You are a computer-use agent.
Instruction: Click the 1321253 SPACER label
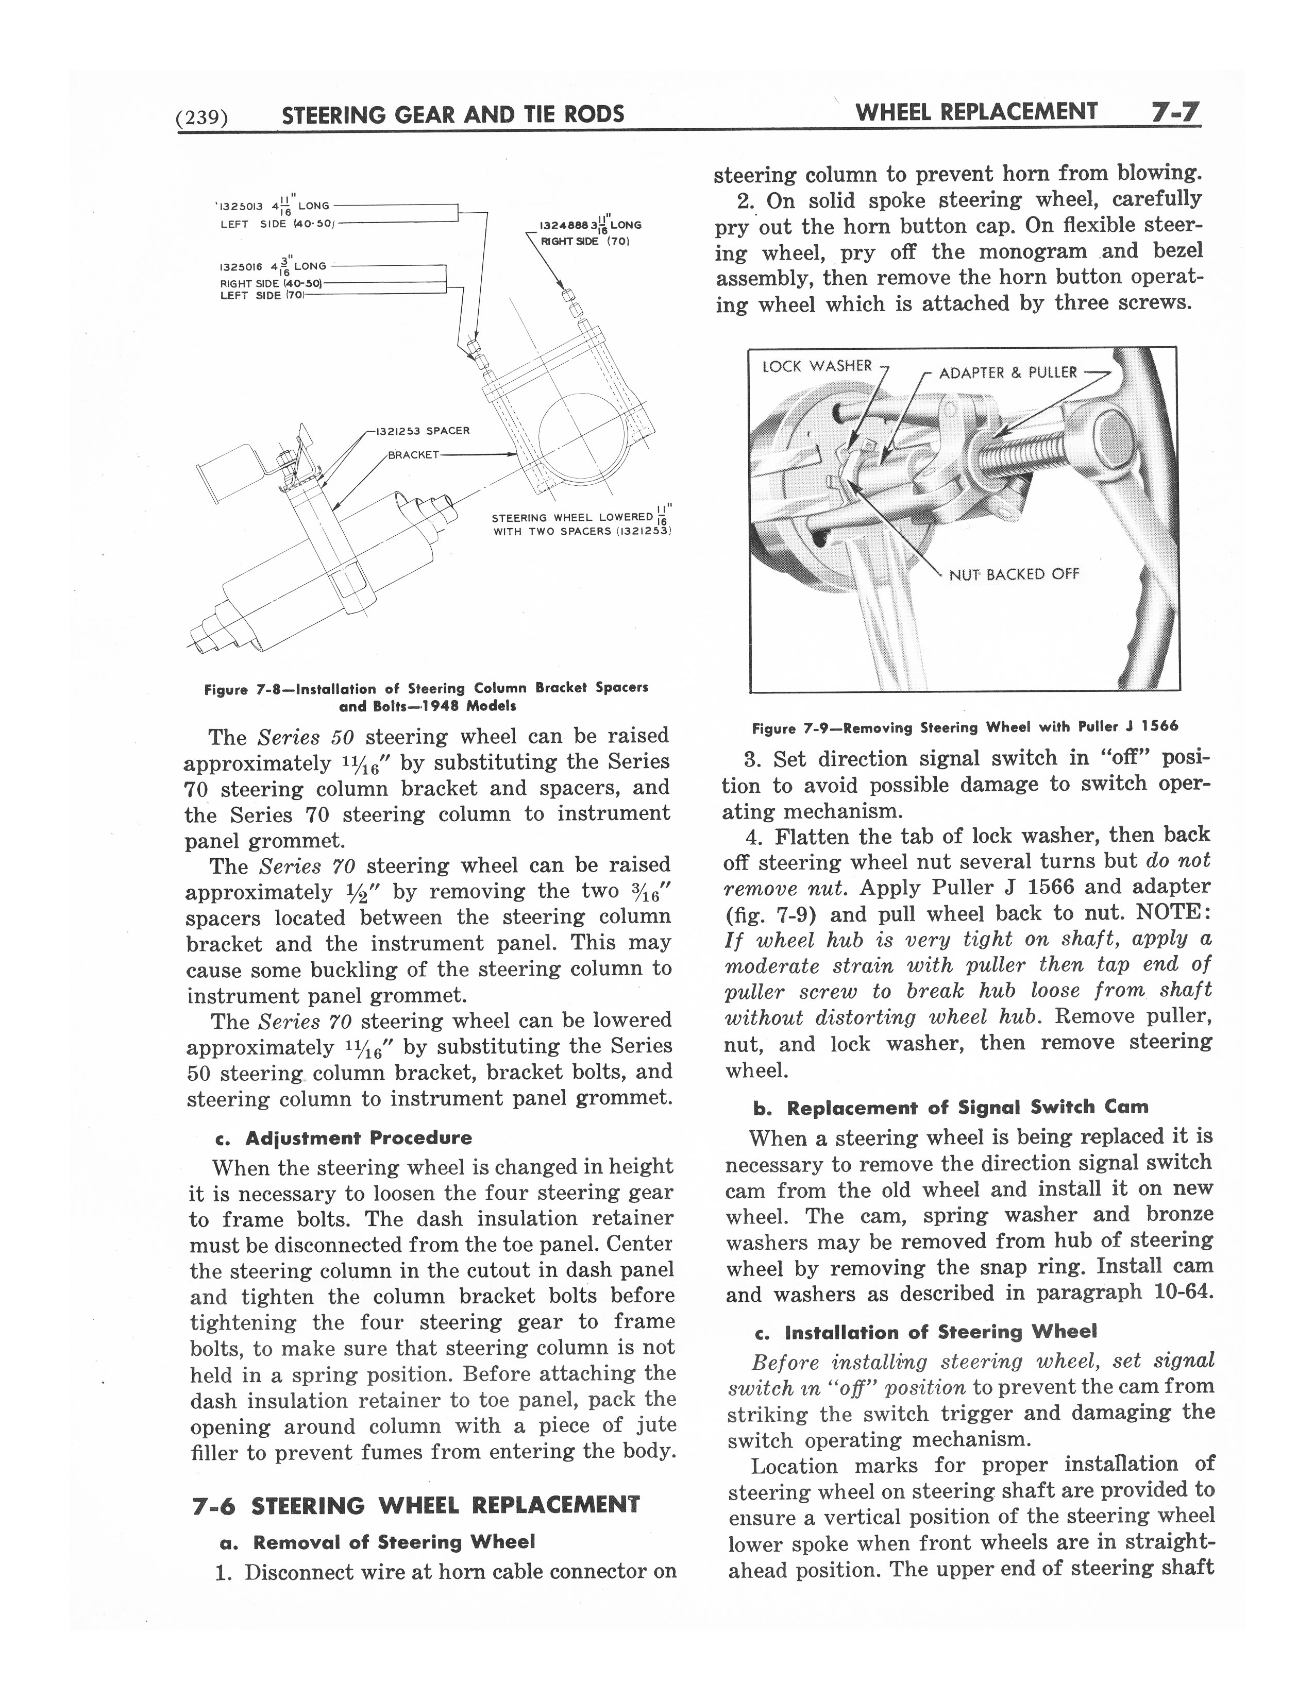click(423, 431)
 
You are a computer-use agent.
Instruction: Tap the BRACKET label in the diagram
click(413, 454)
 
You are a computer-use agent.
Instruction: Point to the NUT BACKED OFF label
click(1014, 574)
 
